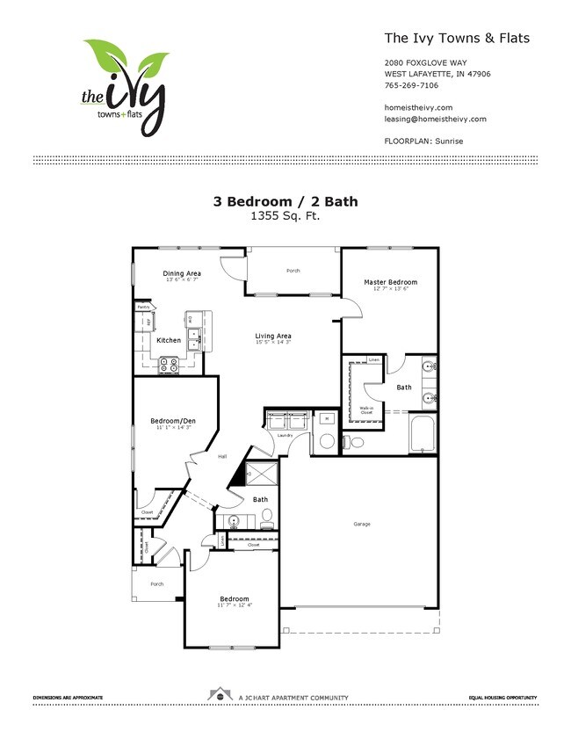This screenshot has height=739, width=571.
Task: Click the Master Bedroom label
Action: coord(391,282)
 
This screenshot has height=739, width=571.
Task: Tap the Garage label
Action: coord(362,525)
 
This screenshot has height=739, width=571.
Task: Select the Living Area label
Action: coord(273,336)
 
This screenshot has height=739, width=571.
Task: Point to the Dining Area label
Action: coord(182,273)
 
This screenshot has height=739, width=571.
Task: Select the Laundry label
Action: coord(285,435)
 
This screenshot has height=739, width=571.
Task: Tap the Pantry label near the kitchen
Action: coord(142,306)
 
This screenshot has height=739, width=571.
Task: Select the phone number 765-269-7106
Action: coord(413,86)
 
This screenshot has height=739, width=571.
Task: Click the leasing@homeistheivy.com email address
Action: coord(435,119)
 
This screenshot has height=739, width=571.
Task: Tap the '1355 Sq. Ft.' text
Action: coord(285,214)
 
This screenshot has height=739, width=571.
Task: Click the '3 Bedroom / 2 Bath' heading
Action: coord(285,200)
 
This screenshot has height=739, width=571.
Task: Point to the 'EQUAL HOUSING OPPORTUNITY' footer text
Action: coord(502,698)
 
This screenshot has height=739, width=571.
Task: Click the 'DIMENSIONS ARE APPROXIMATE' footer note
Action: coord(68,698)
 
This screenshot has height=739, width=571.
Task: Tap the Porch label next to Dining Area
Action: coord(293,271)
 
